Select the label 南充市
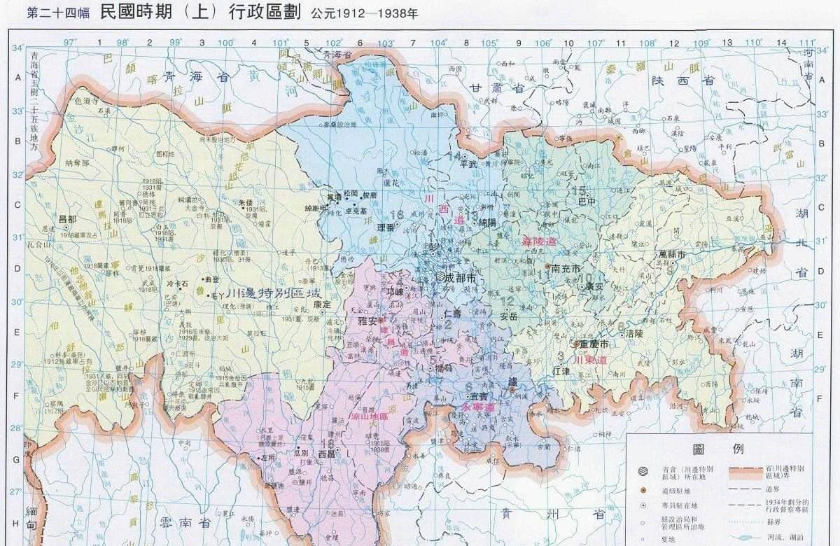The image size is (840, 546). pos(566,268)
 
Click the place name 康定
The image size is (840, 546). pos(321,304)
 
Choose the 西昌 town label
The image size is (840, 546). pos(327,454)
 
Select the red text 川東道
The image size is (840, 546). pos(590,360)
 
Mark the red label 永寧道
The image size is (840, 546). pos(478,407)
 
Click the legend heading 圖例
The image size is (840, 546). pos(708,449)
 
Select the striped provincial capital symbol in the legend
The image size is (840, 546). pos(643,470)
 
